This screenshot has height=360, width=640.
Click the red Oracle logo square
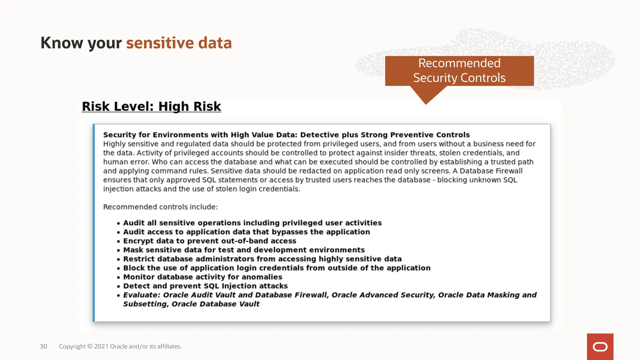coord(600,347)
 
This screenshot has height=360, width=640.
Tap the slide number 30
coord(43,346)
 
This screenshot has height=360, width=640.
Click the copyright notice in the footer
coord(120,346)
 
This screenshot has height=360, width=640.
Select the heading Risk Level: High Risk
coord(151,107)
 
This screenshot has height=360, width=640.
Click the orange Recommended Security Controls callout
coord(459,71)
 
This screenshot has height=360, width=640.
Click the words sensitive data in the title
coord(179,43)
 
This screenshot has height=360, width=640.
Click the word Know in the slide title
coord(62,43)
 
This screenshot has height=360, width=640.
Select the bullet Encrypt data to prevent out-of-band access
coord(209,241)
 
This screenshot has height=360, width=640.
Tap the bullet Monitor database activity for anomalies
coord(202,277)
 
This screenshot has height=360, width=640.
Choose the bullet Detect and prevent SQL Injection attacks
coord(205,286)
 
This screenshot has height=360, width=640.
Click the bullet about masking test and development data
coord(244,250)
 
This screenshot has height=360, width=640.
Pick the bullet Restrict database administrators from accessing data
coord(262,259)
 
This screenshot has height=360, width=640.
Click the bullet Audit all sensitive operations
coord(252,223)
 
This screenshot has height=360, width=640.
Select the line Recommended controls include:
coord(160,207)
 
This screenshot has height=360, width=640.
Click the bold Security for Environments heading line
coord(286,135)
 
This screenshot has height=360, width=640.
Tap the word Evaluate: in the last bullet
coord(142,295)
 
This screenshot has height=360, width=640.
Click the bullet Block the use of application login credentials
coord(277,268)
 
